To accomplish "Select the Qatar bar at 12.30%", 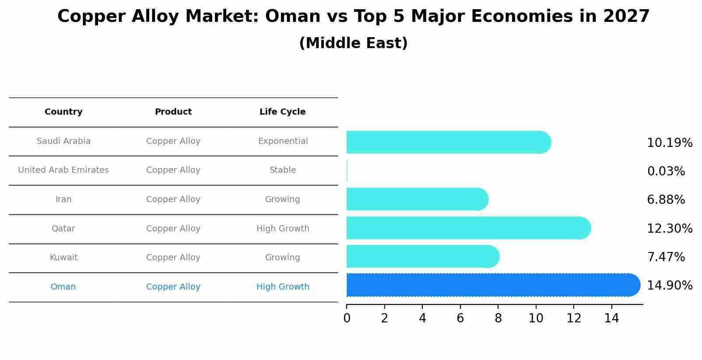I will click(x=468, y=228).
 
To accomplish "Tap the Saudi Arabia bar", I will click(x=449, y=142).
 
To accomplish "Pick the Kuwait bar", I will click(x=422, y=256).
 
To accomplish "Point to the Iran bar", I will click(x=417, y=199).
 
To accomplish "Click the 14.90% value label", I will click(x=669, y=286).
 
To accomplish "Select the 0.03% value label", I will click(x=666, y=171).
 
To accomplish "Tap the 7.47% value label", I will click(x=666, y=257).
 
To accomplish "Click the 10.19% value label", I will click(x=669, y=143).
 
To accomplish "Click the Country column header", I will click(x=63, y=112).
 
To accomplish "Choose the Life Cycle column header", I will click(x=282, y=112).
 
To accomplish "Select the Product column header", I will click(x=173, y=112).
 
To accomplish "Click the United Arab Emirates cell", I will click(x=63, y=170).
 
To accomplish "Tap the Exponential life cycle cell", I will click(x=283, y=141).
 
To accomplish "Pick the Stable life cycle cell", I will click(x=283, y=170).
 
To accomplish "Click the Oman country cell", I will click(x=63, y=287).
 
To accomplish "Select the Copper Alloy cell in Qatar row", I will click(x=173, y=229).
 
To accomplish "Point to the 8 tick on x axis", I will click(x=498, y=318).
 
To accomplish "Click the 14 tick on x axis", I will click(x=611, y=318).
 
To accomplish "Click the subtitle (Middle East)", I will click(x=353, y=43).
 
